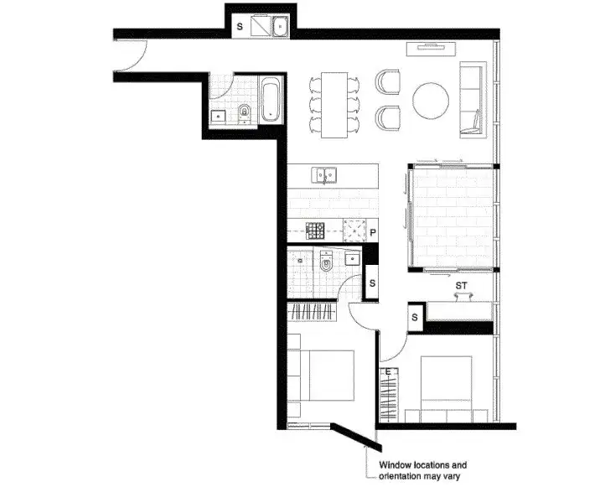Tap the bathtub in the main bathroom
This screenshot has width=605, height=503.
(271, 101)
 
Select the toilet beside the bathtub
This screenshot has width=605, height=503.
(244, 114)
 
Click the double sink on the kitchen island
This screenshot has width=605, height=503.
(325, 175)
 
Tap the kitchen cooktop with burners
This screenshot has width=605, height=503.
(315, 230)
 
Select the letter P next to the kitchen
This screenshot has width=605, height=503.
(372, 232)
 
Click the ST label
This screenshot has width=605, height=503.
(460, 286)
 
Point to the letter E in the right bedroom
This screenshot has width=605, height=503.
(388, 372)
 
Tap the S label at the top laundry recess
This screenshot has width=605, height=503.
(240, 27)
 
